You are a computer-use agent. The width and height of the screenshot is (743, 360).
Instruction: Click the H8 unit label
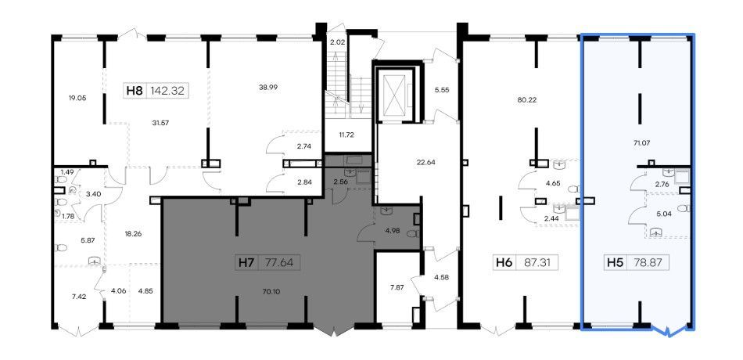tap(135, 91)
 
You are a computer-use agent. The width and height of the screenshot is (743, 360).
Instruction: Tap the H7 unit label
tap(245, 262)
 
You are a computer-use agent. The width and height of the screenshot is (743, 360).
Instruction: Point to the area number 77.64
tap(278, 262)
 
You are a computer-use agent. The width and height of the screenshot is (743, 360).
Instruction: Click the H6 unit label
tap(504, 262)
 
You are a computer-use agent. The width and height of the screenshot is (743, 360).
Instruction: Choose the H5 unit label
tap(615, 262)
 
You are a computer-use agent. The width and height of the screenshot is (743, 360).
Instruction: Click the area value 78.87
tap(648, 262)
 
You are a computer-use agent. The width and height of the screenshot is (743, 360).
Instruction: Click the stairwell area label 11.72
tap(347, 135)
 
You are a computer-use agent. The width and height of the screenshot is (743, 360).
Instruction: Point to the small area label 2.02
tap(336, 42)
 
